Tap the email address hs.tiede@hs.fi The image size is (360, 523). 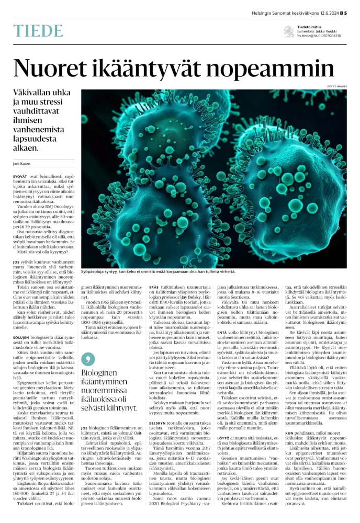pos(310,36)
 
